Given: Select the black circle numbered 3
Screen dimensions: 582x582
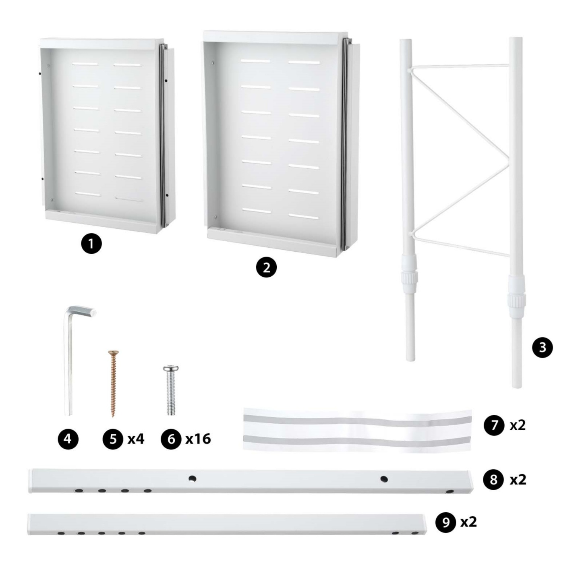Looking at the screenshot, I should point(542,347).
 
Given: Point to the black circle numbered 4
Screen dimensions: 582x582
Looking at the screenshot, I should point(68,439).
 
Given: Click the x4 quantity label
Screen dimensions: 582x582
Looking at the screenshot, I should point(136,439).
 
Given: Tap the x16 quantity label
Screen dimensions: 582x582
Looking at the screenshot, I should point(198,439).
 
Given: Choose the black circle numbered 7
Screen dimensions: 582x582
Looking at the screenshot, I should point(494,425).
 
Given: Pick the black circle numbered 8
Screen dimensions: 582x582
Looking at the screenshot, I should point(493,480).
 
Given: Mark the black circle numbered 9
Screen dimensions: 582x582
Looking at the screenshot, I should point(445,522).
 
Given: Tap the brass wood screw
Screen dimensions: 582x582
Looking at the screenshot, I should point(113,383).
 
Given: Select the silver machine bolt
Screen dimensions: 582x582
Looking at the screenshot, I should point(171,391).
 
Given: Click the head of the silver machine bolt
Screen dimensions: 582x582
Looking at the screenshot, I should point(171,369).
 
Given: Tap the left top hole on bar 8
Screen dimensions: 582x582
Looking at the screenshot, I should point(193,478).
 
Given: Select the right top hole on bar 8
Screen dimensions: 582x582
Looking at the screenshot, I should point(384,479).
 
